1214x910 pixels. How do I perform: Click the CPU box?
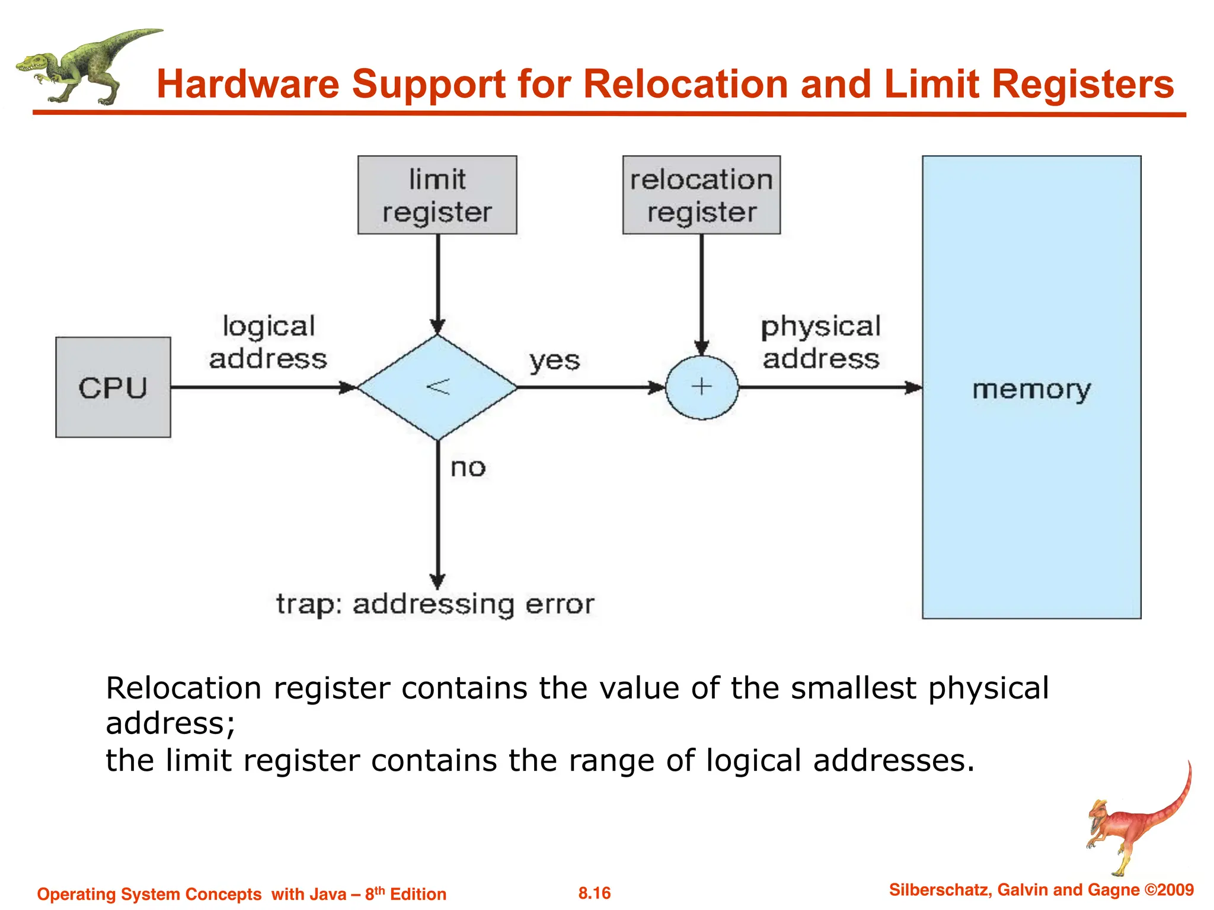click(113, 387)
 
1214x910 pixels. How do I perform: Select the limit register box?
click(437, 195)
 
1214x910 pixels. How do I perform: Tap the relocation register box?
click(701, 195)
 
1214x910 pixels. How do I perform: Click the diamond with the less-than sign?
click(437, 387)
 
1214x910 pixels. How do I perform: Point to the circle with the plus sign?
click(702, 387)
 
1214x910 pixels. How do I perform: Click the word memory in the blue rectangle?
click(1031, 390)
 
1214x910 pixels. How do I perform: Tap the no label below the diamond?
click(468, 468)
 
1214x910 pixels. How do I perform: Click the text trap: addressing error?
click(435, 605)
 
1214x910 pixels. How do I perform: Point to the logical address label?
click(268, 342)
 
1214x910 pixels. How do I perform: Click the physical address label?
click(821, 342)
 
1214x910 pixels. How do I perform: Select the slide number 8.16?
click(595, 893)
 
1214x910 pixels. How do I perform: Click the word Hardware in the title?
click(247, 84)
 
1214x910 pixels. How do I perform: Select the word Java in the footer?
click(327, 894)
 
